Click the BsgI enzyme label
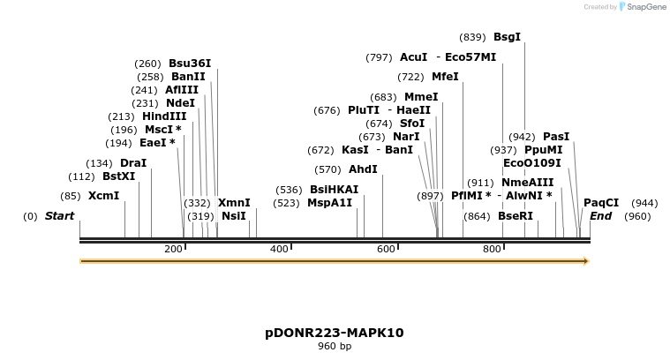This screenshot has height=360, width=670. point(507,37)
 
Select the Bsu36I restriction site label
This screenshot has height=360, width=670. point(190,64)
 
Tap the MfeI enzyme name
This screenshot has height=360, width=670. point(445,77)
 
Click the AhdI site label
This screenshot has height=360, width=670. point(363,169)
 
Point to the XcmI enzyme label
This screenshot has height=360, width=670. point(103,196)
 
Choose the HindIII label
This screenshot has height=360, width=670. point(165,116)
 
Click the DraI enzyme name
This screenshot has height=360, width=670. point(133,163)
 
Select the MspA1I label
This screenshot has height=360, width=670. point(329,203)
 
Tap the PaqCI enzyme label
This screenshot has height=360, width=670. point(601,203)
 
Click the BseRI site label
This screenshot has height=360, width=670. point(516,216)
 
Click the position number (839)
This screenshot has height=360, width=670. point(472,37)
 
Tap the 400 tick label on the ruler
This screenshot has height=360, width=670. point(280,250)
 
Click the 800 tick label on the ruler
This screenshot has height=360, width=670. point(492,250)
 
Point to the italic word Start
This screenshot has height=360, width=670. point(59,216)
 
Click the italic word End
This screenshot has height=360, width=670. point(600,216)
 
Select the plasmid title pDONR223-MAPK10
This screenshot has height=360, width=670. point(335,333)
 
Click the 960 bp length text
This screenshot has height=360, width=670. point(335,347)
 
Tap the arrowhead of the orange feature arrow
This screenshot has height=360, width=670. point(584,261)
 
